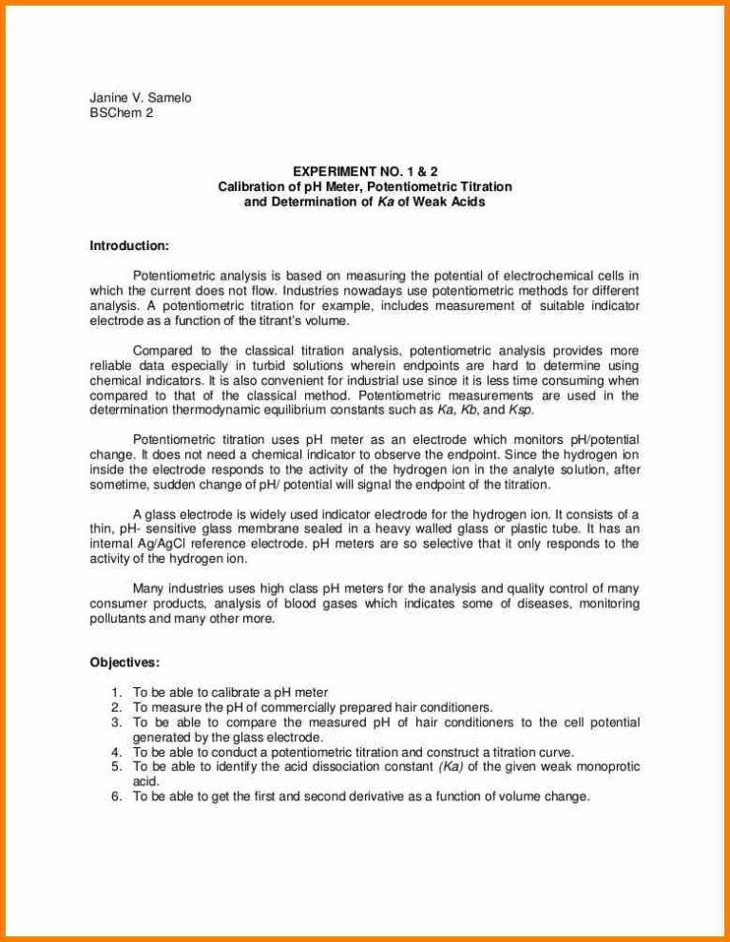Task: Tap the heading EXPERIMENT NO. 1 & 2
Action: (x=364, y=172)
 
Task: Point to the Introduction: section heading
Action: (x=129, y=246)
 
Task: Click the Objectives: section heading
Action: (x=125, y=663)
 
